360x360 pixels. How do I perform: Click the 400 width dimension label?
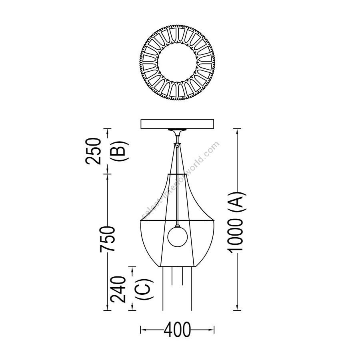[177, 330]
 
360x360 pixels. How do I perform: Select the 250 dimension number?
[94, 151]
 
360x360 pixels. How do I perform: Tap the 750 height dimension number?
[107, 239]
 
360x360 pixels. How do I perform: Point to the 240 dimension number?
[118, 290]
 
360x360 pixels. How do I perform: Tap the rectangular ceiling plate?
[177, 124]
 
